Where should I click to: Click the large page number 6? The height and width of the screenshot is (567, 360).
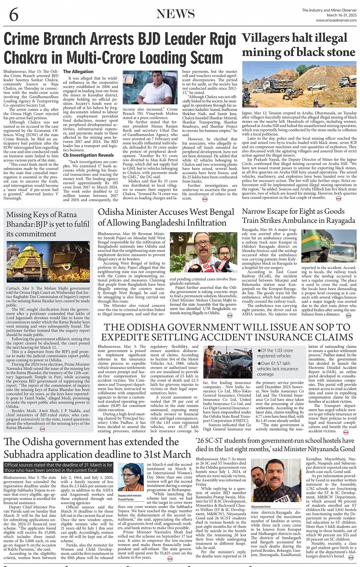(14, 15)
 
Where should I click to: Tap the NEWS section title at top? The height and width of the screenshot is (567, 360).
(175, 14)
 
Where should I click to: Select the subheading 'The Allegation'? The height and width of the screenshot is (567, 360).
(78, 71)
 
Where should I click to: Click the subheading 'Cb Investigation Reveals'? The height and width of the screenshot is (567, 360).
(88, 155)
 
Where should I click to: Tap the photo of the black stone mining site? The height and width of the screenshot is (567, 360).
(299, 84)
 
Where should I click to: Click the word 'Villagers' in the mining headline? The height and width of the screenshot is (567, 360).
(267, 38)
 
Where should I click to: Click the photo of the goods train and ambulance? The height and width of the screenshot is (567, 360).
(329, 246)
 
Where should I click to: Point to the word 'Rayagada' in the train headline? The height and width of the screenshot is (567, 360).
(336, 221)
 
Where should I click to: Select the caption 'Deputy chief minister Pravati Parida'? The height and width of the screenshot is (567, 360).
(130, 497)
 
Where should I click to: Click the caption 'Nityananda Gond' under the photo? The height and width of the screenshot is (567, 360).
(261, 506)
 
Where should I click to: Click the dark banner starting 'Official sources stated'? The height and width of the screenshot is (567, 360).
(59, 468)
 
